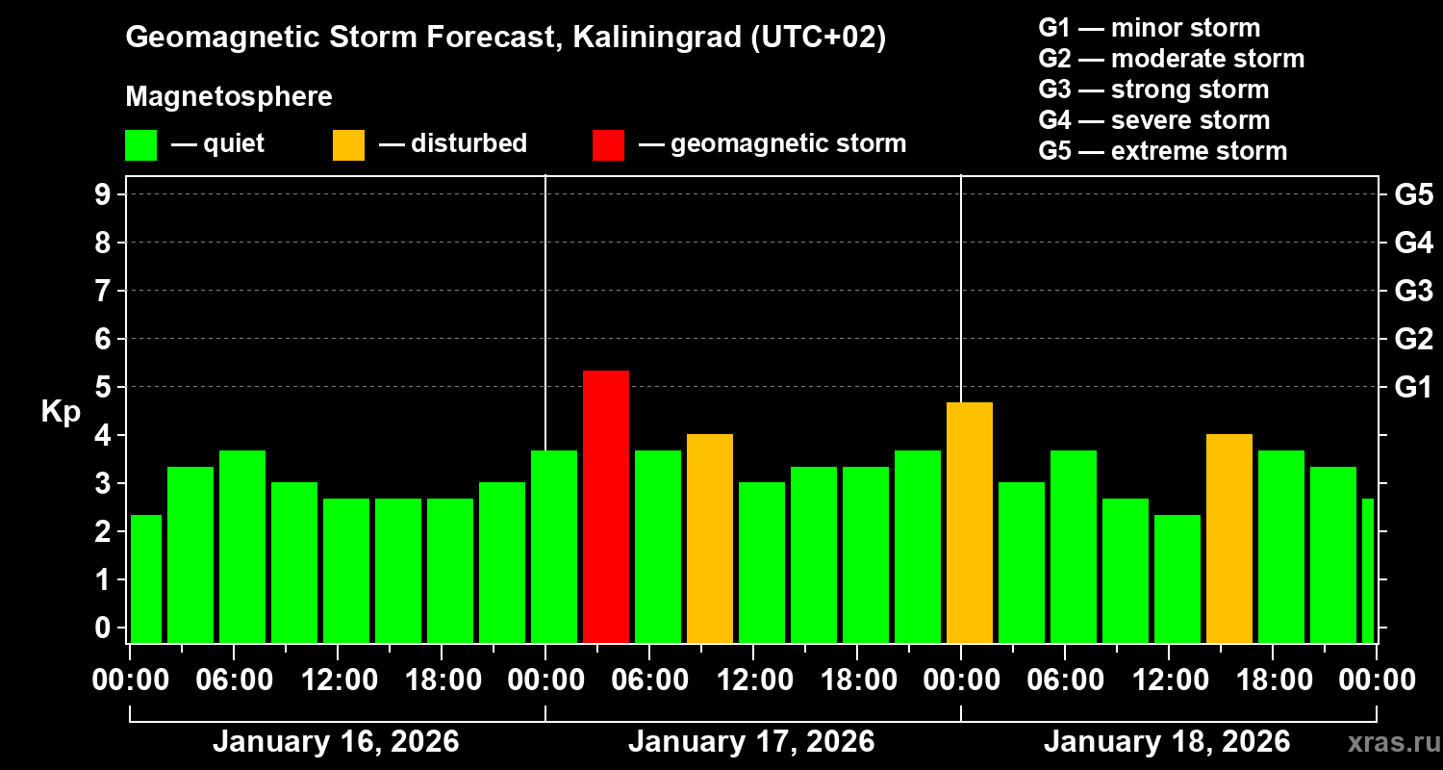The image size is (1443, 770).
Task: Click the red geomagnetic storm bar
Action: click(606, 506)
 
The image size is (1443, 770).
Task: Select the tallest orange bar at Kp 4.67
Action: click(970, 523)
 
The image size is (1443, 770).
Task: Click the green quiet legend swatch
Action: click(140, 144)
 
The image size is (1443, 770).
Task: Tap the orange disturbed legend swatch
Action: click(348, 144)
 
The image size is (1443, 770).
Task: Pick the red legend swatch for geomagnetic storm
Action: click(608, 144)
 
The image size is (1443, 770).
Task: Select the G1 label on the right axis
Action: click(1413, 387)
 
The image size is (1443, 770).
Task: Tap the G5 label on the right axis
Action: click(1413, 194)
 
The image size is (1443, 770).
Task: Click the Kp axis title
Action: click(61, 411)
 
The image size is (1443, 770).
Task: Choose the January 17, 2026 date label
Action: click(751, 742)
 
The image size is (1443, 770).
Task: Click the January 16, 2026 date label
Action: click(336, 742)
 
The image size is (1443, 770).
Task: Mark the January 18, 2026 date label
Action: click(1167, 742)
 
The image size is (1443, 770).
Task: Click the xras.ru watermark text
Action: click(1387, 742)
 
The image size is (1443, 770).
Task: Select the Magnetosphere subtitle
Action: click(229, 97)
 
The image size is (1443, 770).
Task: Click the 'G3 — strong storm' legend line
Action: click(1153, 90)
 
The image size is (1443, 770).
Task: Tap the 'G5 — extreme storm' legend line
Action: click(1162, 151)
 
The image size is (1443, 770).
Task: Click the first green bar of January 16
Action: click(146, 578)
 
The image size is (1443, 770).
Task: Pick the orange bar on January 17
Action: click(710, 538)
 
